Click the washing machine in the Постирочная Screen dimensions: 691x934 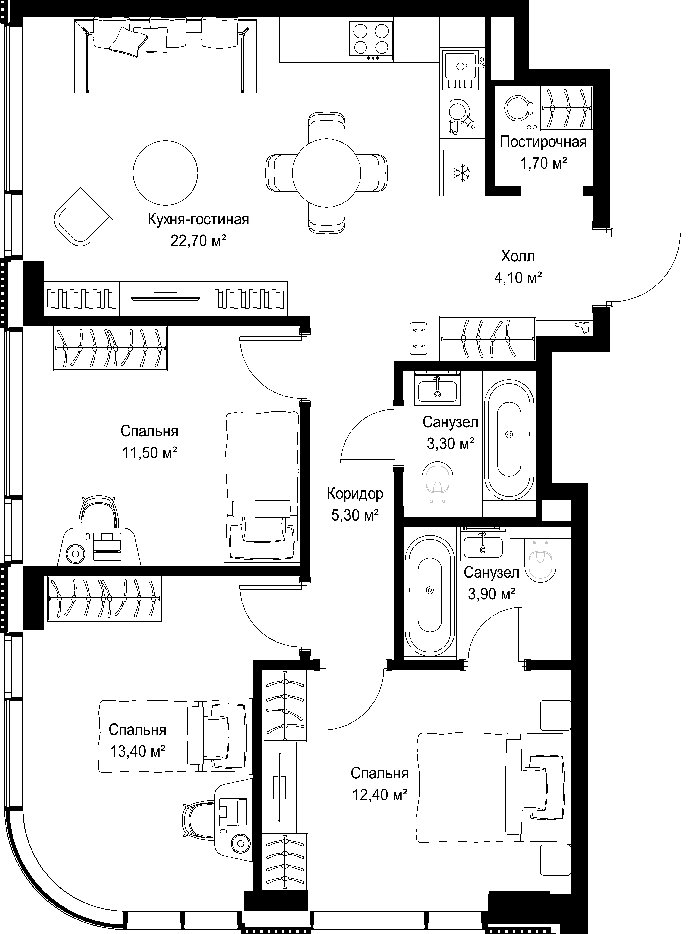(519, 109)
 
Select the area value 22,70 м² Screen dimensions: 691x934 (198, 241)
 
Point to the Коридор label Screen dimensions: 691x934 (355, 494)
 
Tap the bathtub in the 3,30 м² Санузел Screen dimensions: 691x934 (509, 439)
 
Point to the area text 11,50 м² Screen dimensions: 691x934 (149, 452)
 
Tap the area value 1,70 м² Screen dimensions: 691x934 (543, 163)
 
